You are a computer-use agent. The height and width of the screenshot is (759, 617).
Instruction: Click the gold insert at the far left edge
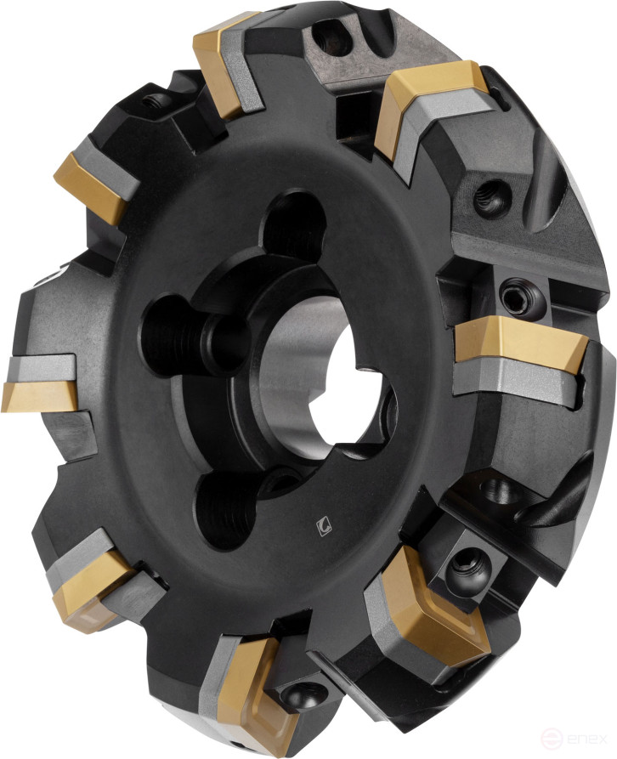coord(40,395)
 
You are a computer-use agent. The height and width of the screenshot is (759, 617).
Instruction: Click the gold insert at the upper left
coord(89,189)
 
